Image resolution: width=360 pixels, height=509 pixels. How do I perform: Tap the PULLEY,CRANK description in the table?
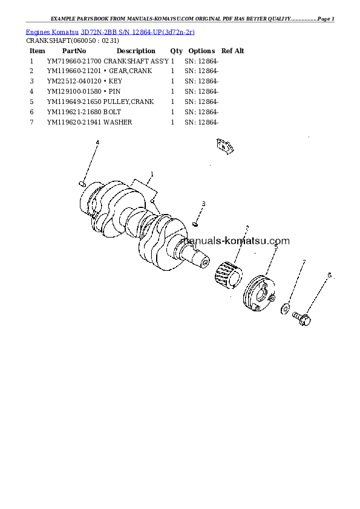(x=128, y=102)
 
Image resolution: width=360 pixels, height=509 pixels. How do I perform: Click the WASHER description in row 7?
(x=117, y=123)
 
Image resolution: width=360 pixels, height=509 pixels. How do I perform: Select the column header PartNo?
(x=74, y=51)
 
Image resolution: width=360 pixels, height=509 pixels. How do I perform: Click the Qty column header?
(x=176, y=51)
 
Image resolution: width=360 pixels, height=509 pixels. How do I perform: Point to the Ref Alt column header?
(x=232, y=51)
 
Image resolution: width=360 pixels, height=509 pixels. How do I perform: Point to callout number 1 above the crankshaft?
(x=151, y=173)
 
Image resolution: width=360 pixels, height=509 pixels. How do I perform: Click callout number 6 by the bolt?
(x=329, y=275)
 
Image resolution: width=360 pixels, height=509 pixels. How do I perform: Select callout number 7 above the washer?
(x=304, y=262)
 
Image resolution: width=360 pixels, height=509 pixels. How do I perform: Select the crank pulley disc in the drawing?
(x=258, y=295)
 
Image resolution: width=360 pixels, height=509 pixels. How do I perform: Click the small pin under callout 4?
(x=83, y=183)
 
